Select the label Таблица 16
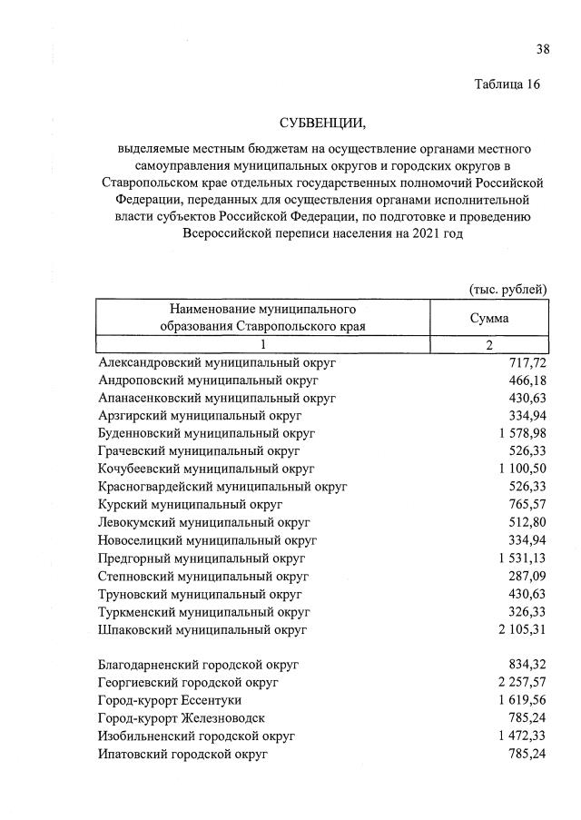507,84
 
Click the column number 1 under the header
262,344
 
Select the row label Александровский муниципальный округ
217,362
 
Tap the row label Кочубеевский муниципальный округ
206,468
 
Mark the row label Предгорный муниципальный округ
202,557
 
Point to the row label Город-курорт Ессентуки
170,700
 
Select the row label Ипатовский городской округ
182,753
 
